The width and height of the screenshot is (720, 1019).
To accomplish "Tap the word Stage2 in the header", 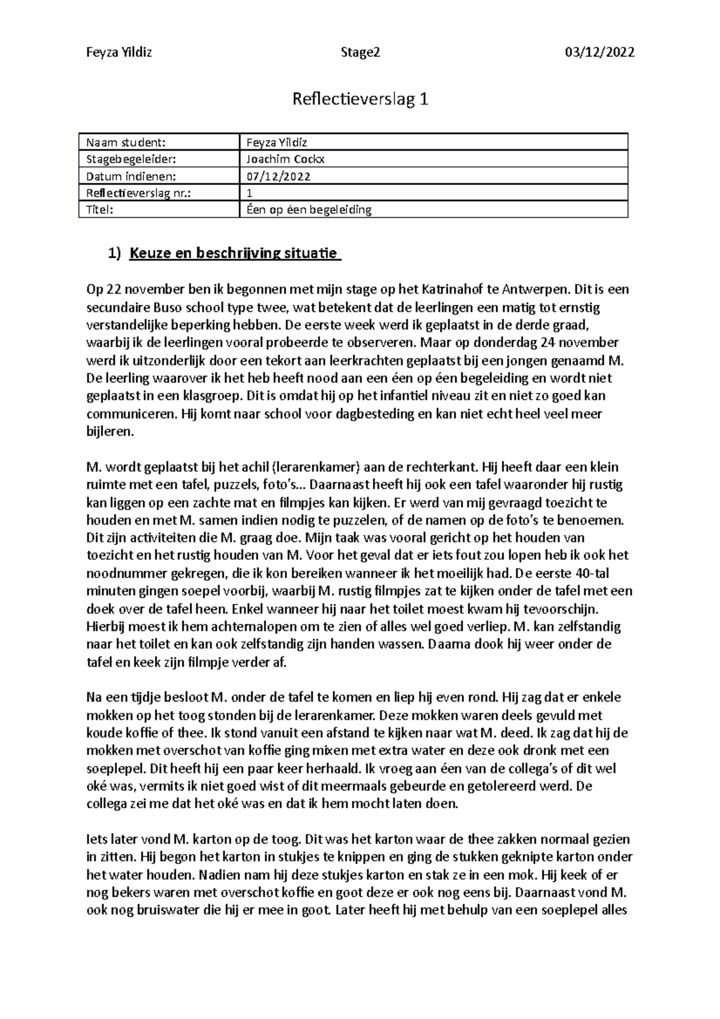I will (x=360, y=53).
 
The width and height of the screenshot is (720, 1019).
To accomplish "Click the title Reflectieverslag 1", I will (x=360, y=100).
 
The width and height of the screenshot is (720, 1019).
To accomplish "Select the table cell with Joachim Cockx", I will (x=286, y=159).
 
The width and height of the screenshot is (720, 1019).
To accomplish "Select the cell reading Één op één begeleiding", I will (x=309, y=209).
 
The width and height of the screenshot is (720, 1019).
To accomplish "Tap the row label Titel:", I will (x=100, y=209).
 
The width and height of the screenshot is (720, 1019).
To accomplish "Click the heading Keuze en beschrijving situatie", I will (x=235, y=253).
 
